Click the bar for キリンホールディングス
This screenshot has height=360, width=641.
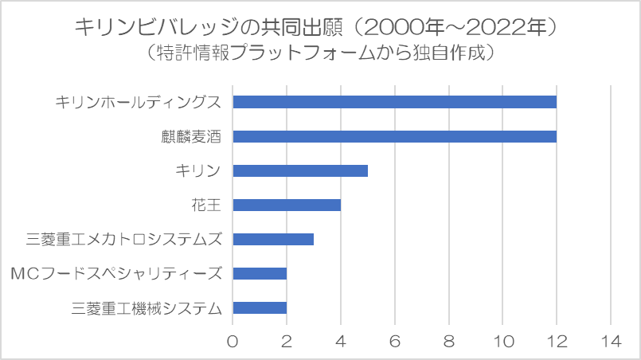pyautogui.click(x=394, y=102)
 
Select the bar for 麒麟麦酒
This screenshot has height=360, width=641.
pyautogui.click(x=394, y=136)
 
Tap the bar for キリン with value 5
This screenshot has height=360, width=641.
pyautogui.click(x=299, y=170)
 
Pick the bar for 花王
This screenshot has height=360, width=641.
pyautogui.click(x=286, y=205)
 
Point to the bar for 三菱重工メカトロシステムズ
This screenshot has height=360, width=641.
pyautogui.click(x=272, y=239)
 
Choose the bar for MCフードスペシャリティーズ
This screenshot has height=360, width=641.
pyautogui.click(x=259, y=274)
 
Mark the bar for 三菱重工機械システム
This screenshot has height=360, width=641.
pyautogui.click(x=259, y=308)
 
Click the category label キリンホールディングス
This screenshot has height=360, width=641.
pyautogui.click(x=138, y=102)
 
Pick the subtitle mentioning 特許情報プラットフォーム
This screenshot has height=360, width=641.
pyautogui.click(x=320, y=54)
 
